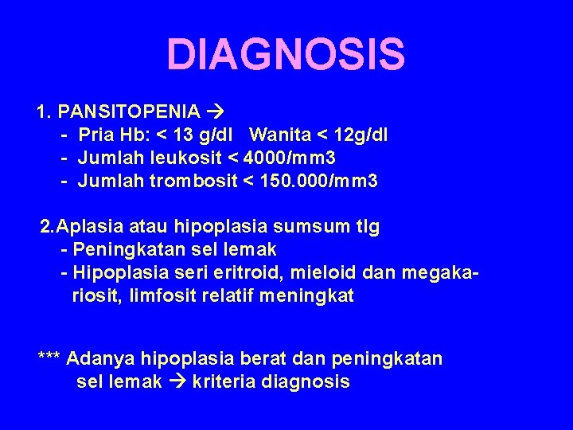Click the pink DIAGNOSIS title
286,54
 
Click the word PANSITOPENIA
129,110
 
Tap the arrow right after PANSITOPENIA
216,110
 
